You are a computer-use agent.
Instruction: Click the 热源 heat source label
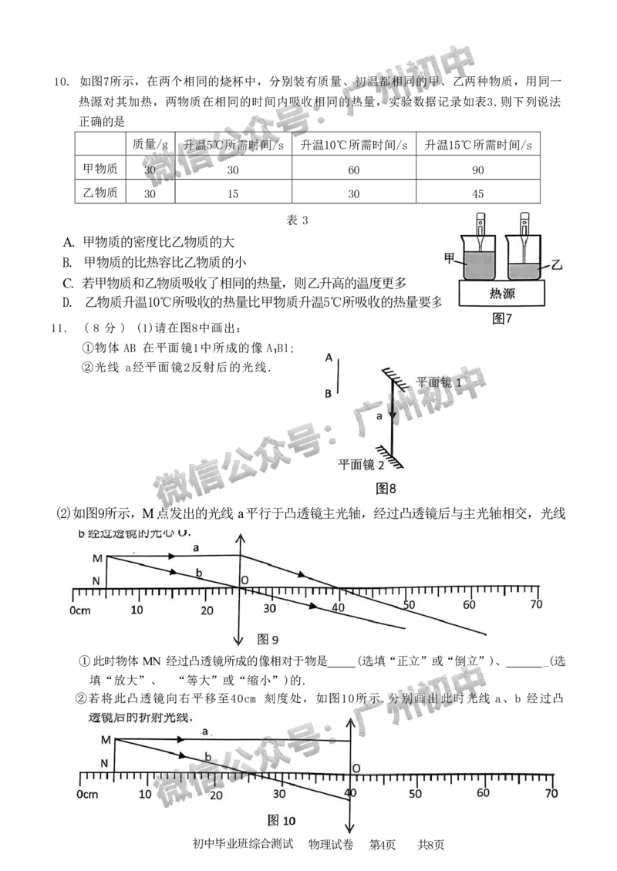coord(502,293)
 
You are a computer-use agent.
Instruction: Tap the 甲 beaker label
coord(450,258)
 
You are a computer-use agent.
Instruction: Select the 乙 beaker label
coord(557,265)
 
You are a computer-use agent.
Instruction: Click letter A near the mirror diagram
coord(329,358)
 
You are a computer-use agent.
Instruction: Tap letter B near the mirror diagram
coord(329,393)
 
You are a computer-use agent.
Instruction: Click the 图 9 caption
coord(266,639)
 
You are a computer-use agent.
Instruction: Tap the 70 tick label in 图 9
coord(535,605)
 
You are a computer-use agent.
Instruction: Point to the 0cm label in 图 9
coord(80,610)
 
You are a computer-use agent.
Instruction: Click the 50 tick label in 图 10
coord(415,793)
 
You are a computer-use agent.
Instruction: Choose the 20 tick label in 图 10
coord(215,795)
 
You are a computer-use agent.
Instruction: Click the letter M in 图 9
coord(97,558)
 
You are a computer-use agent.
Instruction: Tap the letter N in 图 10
coord(105,762)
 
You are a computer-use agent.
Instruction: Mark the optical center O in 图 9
coord(244,580)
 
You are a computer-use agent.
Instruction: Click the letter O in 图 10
coord(356,768)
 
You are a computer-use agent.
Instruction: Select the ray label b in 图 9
coord(199,574)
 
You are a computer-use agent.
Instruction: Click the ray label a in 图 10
coord(205,731)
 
